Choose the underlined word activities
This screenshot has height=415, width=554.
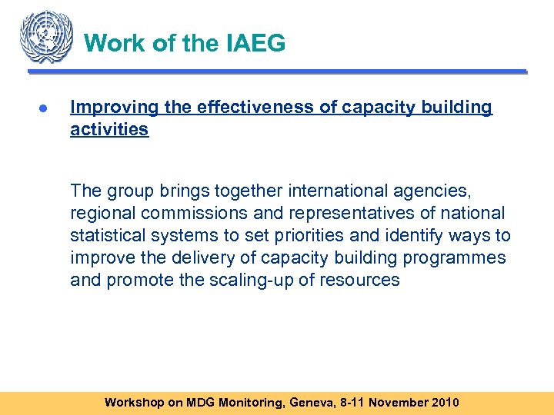tap(108, 129)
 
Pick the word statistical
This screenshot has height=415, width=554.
tap(108, 235)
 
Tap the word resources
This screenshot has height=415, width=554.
tap(362, 280)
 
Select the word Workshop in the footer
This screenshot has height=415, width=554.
tap(134, 402)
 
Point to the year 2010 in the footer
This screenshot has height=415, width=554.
tap(445, 402)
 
